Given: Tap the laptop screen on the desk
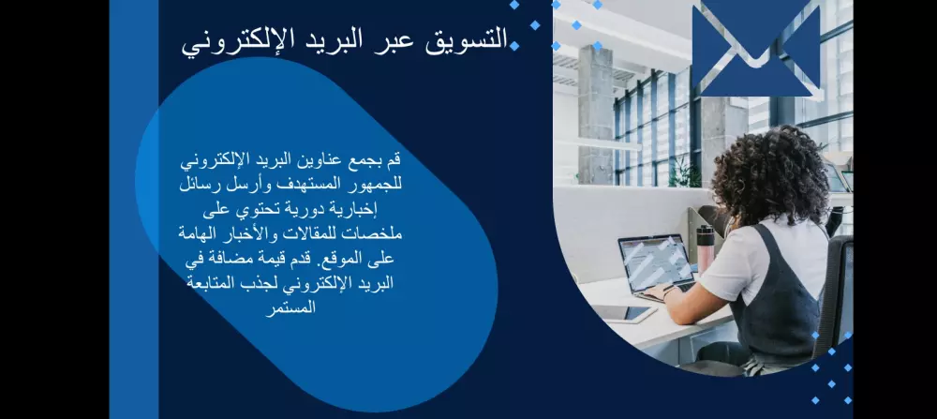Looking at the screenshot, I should (656, 262).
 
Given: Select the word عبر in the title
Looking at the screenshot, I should (399, 39).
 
